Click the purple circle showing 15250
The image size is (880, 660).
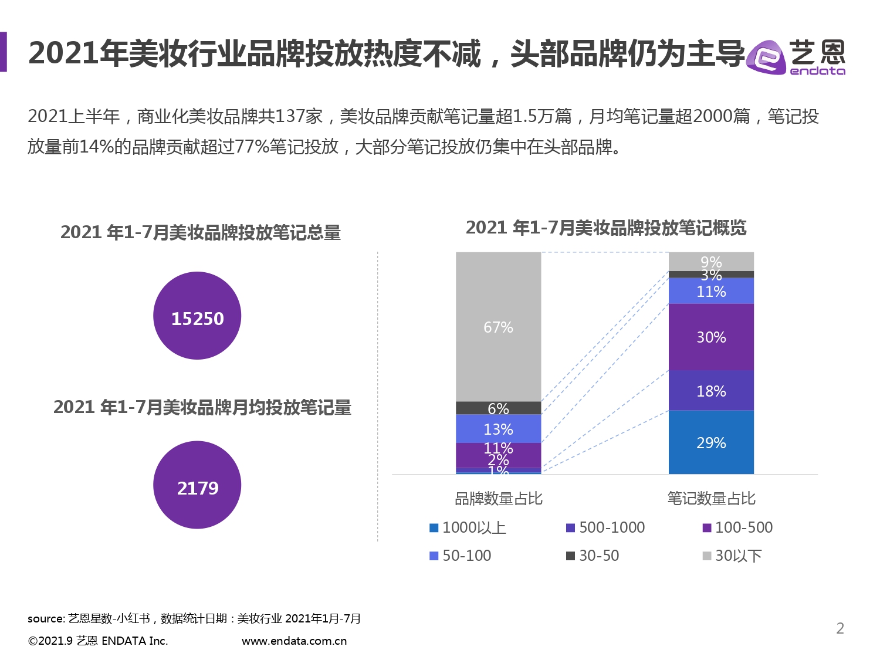pyautogui.click(x=197, y=316)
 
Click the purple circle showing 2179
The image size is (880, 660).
pyautogui.click(x=197, y=485)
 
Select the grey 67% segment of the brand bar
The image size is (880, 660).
pyautogui.click(x=498, y=327)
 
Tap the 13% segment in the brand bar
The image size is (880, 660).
pyautogui.click(x=498, y=429)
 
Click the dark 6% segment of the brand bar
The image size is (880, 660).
pyautogui.click(x=498, y=408)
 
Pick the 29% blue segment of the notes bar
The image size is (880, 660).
pyautogui.click(x=711, y=442)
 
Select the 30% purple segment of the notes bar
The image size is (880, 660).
pyautogui.click(x=711, y=337)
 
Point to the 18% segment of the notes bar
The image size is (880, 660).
pyautogui.click(x=711, y=391)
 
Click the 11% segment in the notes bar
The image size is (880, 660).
pyautogui.click(x=711, y=291)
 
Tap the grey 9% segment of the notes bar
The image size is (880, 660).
pyautogui.click(x=711, y=262)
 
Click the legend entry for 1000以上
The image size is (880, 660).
pyautogui.click(x=468, y=527)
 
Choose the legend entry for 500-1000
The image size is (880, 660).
pyautogui.click(x=605, y=527)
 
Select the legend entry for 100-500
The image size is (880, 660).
pyautogui.click(x=738, y=527)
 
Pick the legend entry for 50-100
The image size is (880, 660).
pyautogui.click(x=461, y=556)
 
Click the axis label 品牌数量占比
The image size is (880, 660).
pyautogui.click(x=499, y=499)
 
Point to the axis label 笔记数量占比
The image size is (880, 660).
pyautogui.click(x=711, y=499)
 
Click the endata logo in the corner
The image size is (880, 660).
pyautogui.click(x=796, y=57)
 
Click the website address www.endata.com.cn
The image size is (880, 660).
pyautogui.click(x=294, y=641)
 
